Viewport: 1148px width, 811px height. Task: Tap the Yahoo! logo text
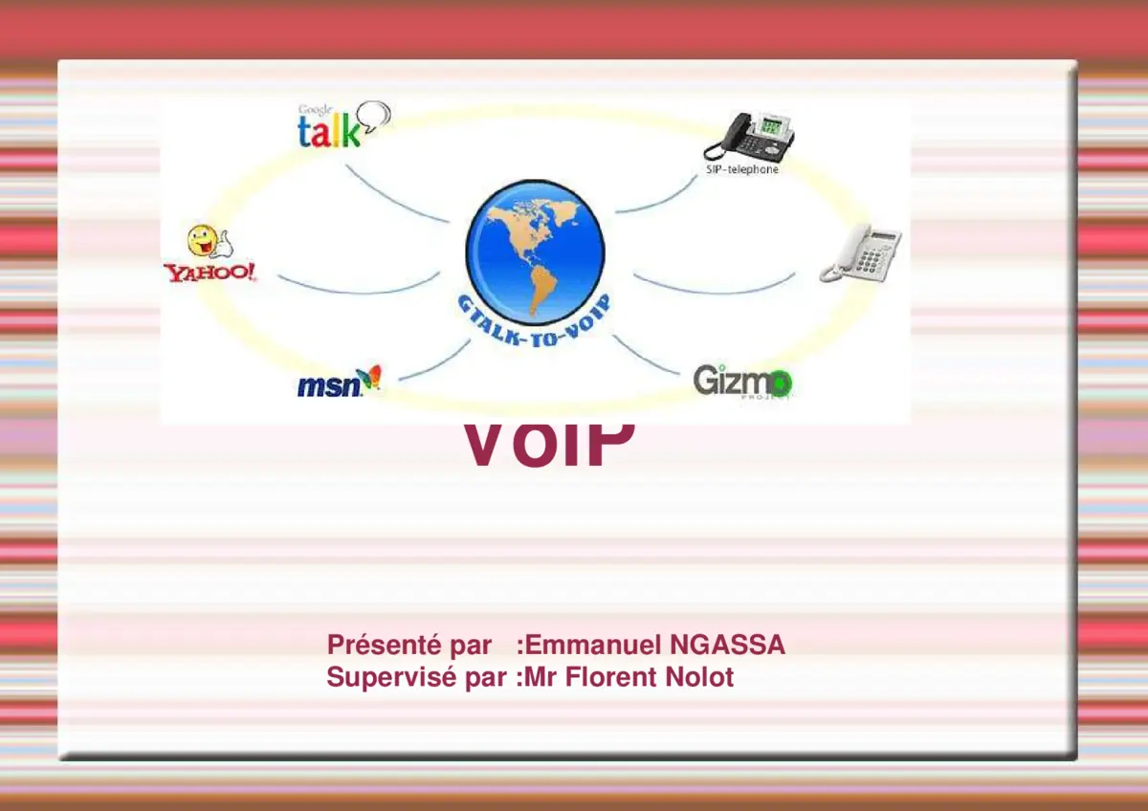click(x=210, y=273)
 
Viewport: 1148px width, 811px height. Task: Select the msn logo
click(x=338, y=384)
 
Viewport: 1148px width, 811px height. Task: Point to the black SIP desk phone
click(x=749, y=137)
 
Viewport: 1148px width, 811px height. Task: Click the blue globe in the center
click(x=535, y=251)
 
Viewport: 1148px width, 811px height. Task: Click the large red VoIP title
click(x=549, y=445)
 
